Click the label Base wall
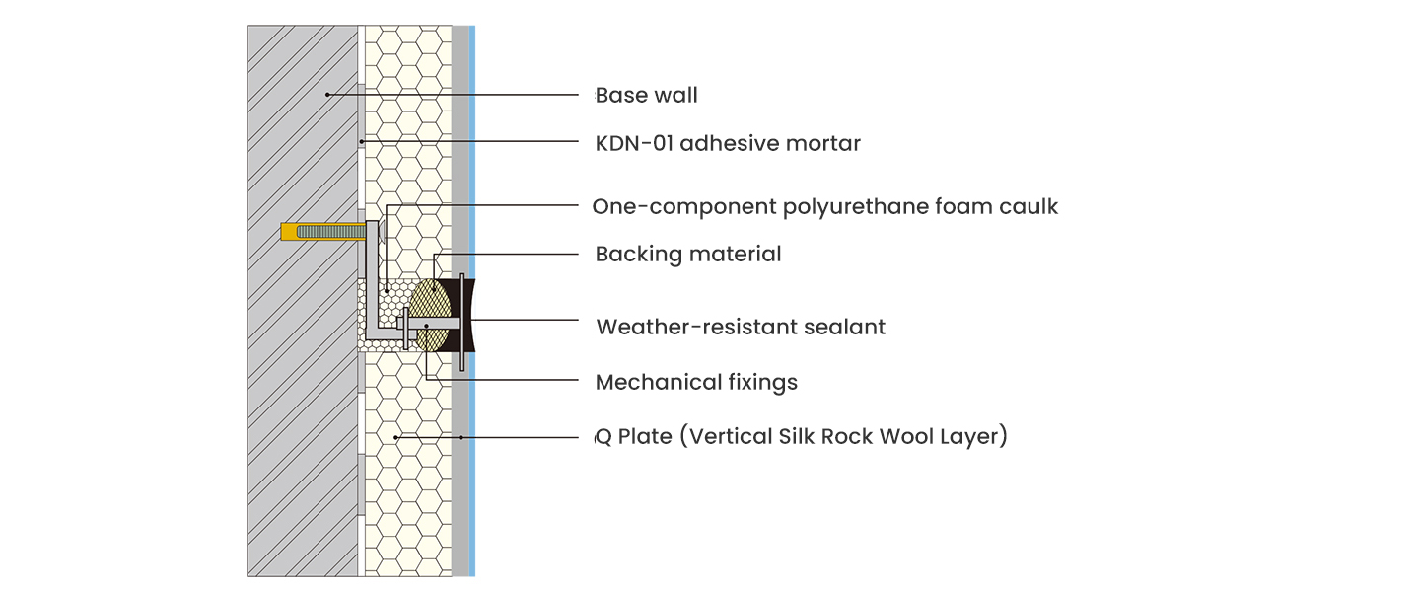[646, 96]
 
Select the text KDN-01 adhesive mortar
[728, 144]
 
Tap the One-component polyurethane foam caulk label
[824, 207]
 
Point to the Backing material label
[687, 255]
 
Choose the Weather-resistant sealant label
[741, 327]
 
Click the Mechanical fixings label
[696, 382]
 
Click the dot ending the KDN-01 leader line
[362, 142]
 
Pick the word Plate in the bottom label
[645, 436]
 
